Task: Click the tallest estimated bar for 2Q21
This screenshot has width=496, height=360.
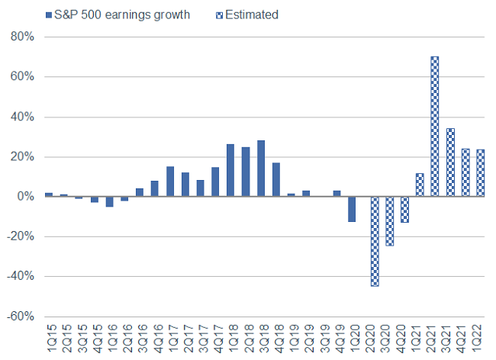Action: point(434,126)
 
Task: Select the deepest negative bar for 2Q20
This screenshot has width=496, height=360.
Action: point(374,241)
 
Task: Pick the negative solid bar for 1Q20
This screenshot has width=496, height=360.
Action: point(352,209)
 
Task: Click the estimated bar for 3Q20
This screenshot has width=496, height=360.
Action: point(389,221)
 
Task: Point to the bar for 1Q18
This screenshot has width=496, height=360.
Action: point(230,170)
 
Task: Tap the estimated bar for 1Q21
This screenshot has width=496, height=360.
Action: point(419,185)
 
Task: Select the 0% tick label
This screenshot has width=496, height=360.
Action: point(26,197)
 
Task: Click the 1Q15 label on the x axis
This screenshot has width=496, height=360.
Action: point(50,338)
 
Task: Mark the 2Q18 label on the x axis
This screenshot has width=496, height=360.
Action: point(246,338)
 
